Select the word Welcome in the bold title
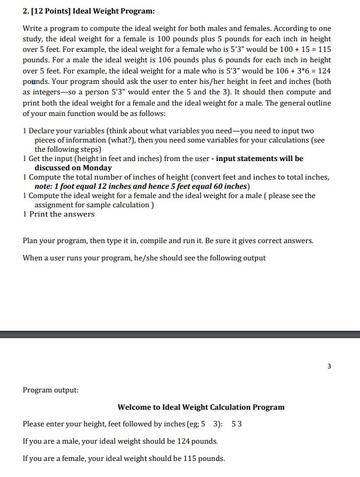click(x=136, y=407)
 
